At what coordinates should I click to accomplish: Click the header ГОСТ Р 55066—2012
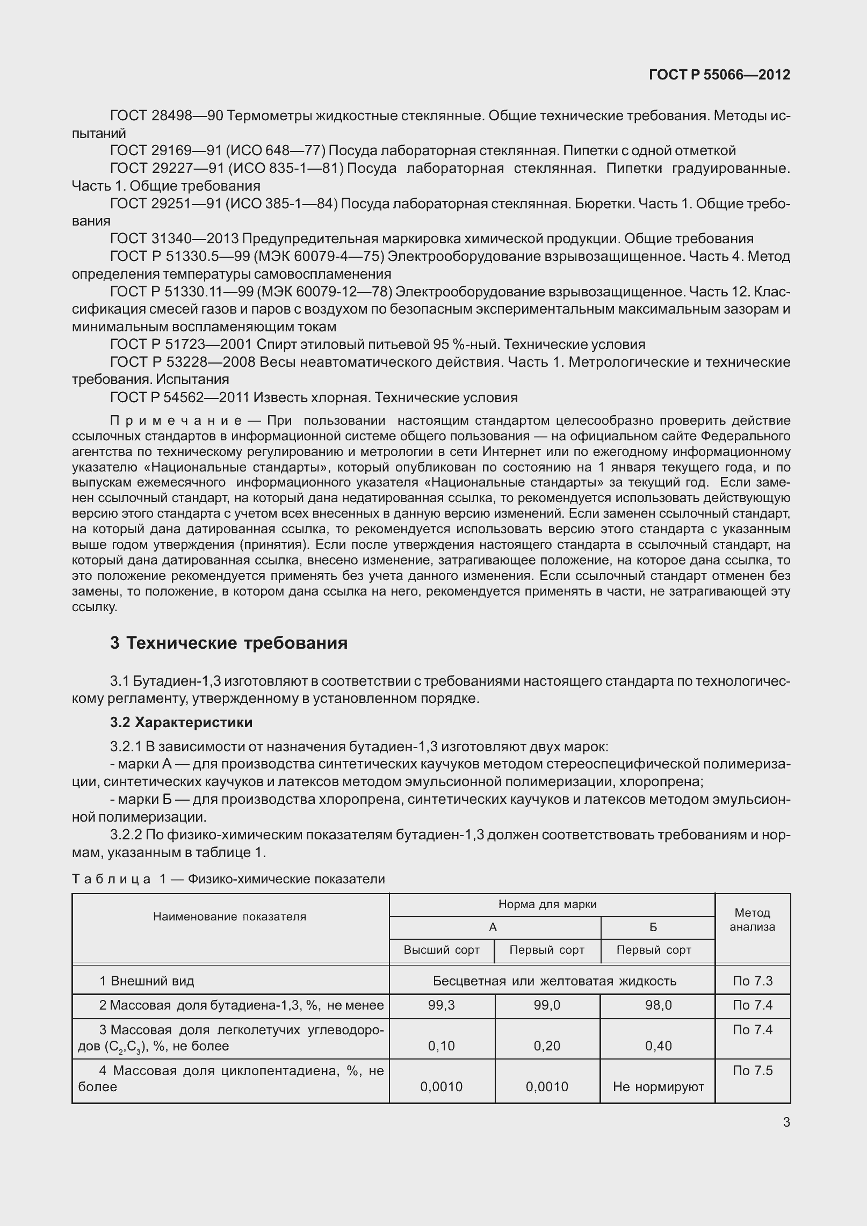click(x=719, y=75)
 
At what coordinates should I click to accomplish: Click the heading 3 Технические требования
click(x=229, y=643)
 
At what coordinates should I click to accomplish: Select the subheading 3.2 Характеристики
click(x=181, y=722)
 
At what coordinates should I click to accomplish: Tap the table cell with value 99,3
click(x=442, y=1005)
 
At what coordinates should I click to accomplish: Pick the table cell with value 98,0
click(x=658, y=1005)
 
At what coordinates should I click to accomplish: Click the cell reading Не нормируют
click(x=658, y=1087)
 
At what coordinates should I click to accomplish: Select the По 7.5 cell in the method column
click(x=752, y=1071)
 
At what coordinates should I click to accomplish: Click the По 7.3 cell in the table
click(x=752, y=981)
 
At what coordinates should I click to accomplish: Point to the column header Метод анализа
click(x=752, y=919)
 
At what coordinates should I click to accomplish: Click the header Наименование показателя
click(x=229, y=917)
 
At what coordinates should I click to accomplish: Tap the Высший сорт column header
click(x=442, y=950)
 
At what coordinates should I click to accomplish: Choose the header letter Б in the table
click(x=653, y=927)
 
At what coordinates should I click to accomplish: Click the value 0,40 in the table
click(x=658, y=1046)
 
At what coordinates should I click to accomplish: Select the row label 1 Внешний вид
click(x=147, y=981)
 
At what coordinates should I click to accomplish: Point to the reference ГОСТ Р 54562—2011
click(x=180, y=397)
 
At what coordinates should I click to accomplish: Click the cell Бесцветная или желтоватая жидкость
click(x=554, y=981)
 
